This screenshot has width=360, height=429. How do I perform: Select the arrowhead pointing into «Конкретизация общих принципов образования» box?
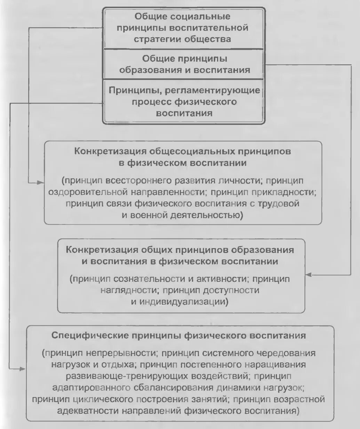(x=308, y=275)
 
